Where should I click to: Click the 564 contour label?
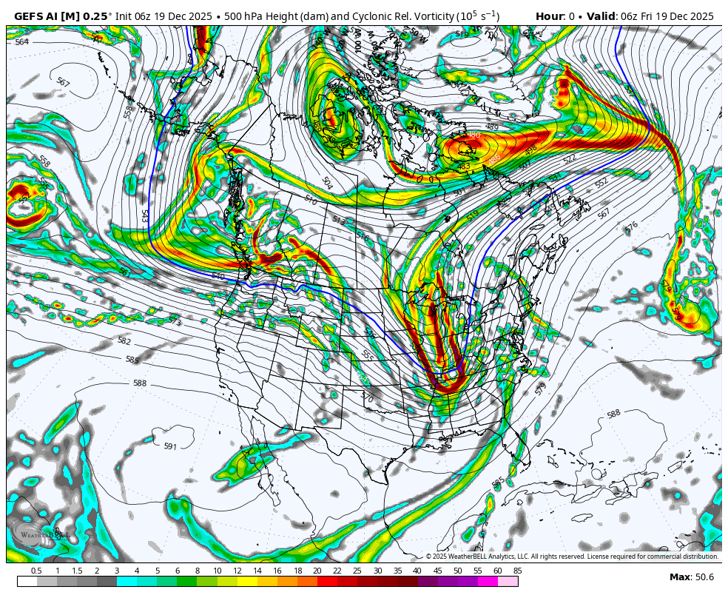(x=21, y=42)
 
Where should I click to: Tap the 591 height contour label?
(x=170, y=446)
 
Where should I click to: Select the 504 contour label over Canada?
(x=327, y=182)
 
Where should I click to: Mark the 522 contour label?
(x=569, y=159)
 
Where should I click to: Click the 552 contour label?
(x=601, y=182)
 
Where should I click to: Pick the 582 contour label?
(x=124, y=341)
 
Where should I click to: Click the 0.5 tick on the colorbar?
(x=36, y=571)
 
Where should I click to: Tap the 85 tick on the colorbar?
(x=517, y=571)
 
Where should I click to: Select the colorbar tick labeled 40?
(x=417, y=571)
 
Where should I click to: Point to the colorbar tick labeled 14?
(x=257, y=571)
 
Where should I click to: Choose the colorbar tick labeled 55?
(x=477, y=571)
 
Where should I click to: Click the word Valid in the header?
(x=601, y=16)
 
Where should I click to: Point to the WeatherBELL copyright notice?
(x=572, y=557)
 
